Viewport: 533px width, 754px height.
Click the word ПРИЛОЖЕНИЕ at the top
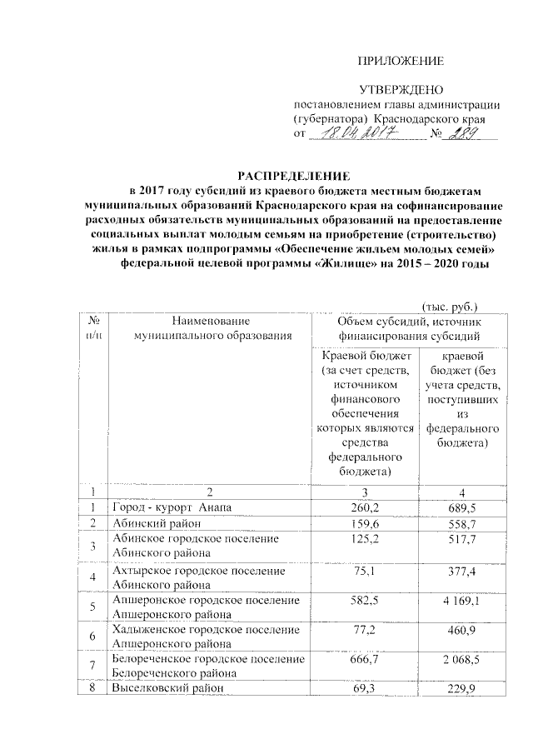coord(401,62)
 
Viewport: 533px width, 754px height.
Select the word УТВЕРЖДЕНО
coord(401,89)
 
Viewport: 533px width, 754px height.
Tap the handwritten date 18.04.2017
coord(354,134)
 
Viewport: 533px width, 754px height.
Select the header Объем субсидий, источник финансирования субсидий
coord(406,328)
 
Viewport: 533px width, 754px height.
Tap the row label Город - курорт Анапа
coord(172,507)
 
